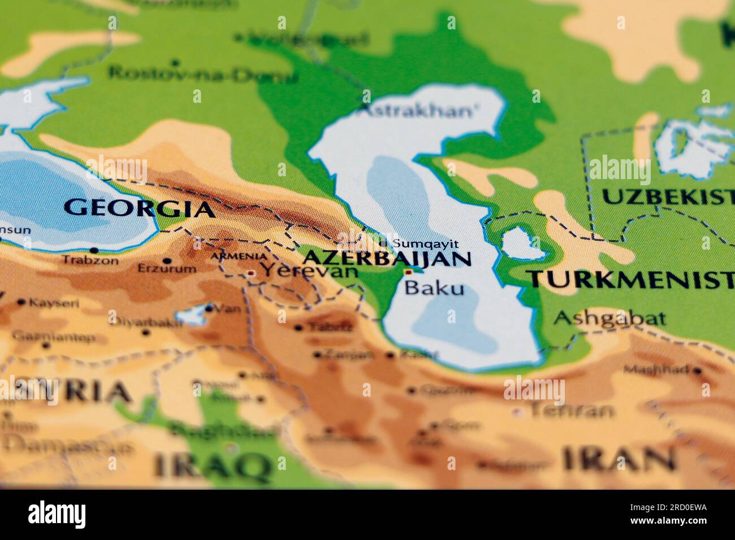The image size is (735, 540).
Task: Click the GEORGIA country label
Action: (139, 208)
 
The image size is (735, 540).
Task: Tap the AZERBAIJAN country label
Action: (387, 259)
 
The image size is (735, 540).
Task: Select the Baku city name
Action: (435, 288)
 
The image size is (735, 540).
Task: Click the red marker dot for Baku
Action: (408, 272)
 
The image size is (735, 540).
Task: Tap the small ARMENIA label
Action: (239, 256)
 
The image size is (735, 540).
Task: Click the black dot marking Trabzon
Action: (94, 250)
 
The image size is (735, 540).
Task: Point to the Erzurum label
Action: (167, 269)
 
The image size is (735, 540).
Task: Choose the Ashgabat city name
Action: (609, 319)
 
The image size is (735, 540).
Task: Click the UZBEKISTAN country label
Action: (667, 197)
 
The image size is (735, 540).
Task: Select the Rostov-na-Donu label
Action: (202, 74)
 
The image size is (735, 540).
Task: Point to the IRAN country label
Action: (619, 458)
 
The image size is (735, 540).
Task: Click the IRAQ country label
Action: (212, 466)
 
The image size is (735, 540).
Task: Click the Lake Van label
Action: (231, 309)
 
